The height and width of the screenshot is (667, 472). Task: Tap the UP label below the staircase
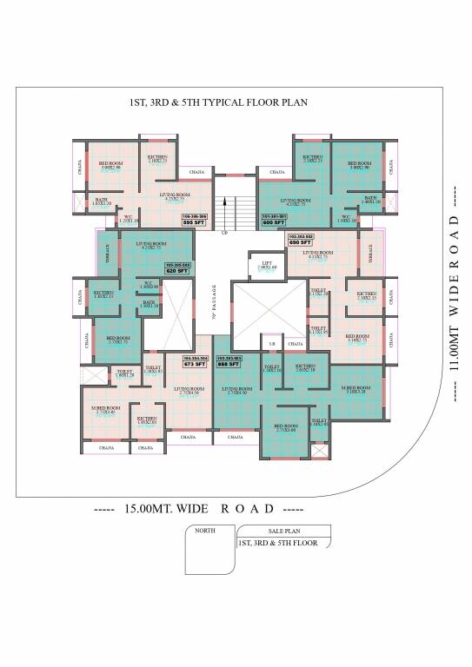tap(225, 233)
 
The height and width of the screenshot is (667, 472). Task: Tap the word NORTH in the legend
tap(205, 530)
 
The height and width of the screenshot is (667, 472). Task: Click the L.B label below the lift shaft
tap(272, 345)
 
